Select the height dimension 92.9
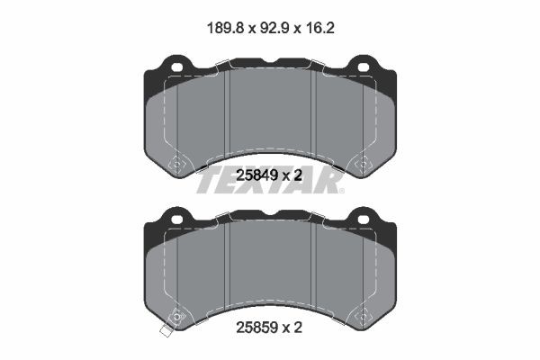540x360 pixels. click(270, 28)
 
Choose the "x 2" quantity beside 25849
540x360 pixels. click(292, 176)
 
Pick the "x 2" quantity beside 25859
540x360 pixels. click(292, 328)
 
